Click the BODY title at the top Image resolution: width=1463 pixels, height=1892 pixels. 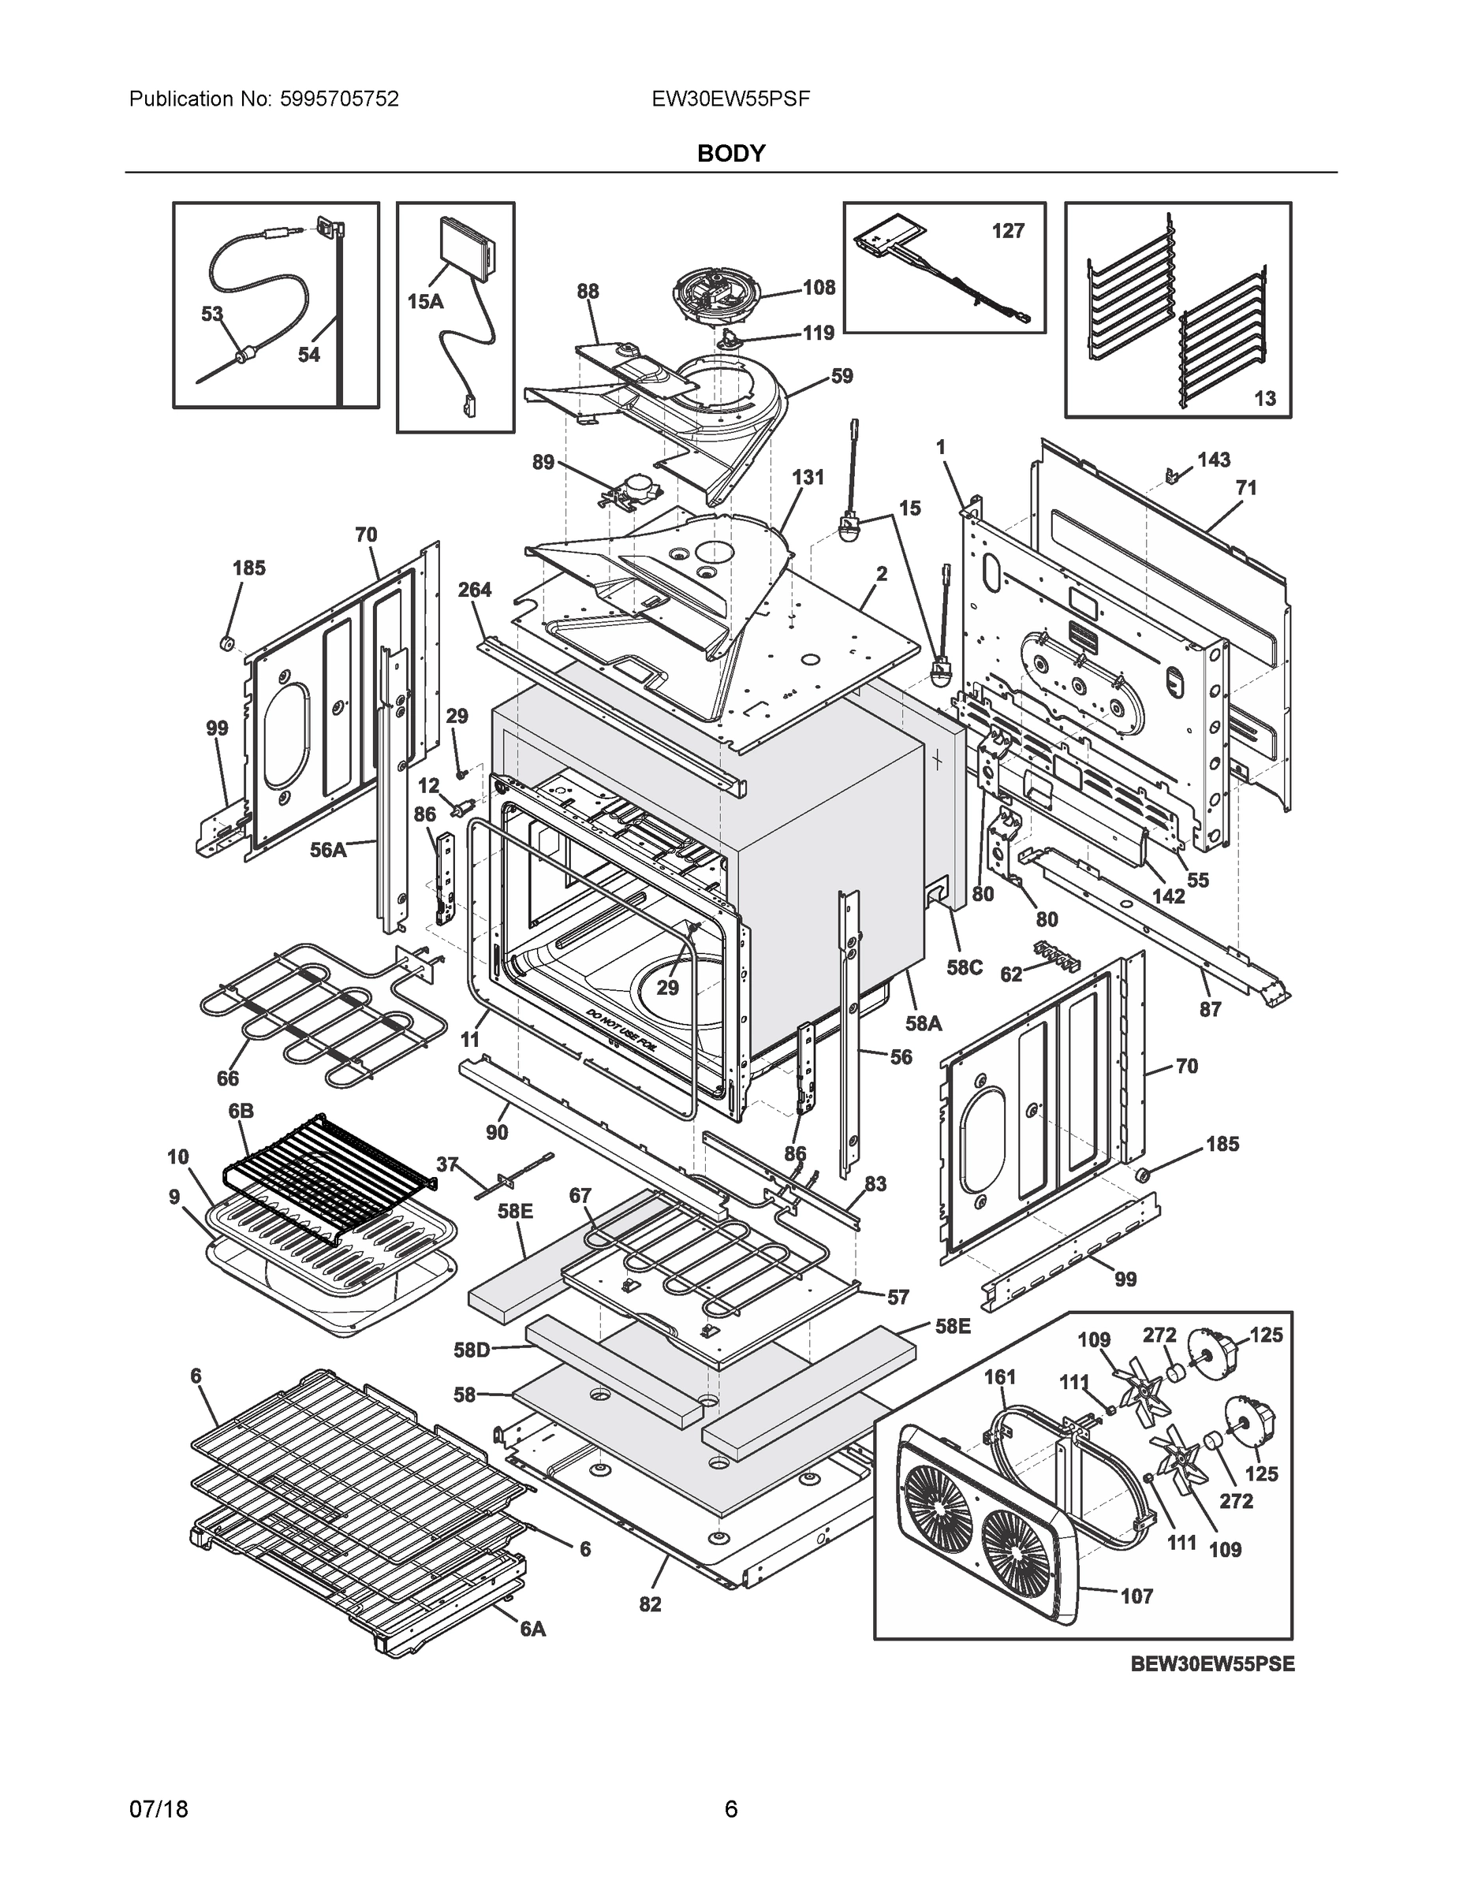(730, 154)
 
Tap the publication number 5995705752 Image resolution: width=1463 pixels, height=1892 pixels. (339, 99)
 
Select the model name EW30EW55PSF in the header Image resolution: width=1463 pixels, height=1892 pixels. (730, 99)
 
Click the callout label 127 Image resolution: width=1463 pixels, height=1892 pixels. (1008, 230)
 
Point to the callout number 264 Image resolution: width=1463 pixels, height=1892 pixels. (475, 589)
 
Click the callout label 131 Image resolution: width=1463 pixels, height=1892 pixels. (808, 476)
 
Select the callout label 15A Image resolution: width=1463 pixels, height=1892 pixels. (426, 300)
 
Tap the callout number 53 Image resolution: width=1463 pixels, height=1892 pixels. (212, 314)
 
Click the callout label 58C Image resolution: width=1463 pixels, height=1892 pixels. (964, 966)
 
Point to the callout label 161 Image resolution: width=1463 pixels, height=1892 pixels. (1000, 1376)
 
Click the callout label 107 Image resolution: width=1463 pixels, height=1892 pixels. (1137, 1596)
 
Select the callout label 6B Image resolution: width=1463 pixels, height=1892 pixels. (241, 1111)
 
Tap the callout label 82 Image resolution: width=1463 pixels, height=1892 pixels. (650, 1603)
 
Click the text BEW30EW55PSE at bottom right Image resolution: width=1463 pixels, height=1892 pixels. (1211, 1664)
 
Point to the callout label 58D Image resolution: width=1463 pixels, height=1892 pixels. (472, 1350)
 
